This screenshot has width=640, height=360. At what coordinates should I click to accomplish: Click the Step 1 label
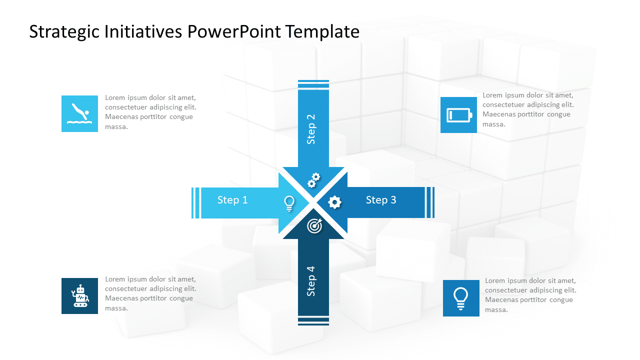pos(232,200)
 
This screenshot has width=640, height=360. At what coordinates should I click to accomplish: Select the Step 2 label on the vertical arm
pos(311,129)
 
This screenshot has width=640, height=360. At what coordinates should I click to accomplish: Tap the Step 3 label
pos(381,200)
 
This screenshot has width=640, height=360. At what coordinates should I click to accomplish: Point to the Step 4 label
pos(311,281)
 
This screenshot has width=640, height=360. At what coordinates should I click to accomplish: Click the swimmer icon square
pos(79,114)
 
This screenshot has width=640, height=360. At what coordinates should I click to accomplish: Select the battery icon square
pos(458,115)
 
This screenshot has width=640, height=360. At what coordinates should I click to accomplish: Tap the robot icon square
pos(79,296)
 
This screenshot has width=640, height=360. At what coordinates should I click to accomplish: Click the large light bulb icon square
pos(461,298)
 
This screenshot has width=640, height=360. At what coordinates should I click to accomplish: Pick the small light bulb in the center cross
pos(289,202)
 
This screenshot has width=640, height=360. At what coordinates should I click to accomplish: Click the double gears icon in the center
pos(313,180)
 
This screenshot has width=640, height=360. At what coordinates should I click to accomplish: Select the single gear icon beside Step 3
pos(334,202)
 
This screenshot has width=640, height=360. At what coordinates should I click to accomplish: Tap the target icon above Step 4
pos(314,226)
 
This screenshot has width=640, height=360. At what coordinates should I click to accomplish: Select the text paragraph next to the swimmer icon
pos(150,112)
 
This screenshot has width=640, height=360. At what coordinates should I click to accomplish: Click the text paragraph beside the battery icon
pos(528,109)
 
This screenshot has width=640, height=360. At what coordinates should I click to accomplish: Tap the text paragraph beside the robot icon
pos(150,293)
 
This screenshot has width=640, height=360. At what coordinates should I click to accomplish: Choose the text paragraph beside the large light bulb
pos(530,295)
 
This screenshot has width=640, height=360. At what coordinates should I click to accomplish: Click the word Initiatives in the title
pos(142,32)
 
